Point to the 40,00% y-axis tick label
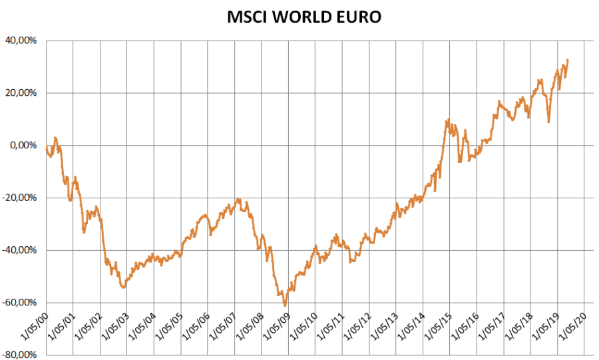point(23,41)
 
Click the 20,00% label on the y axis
point(23,93)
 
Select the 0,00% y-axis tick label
point(25,145)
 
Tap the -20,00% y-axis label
point(21,198)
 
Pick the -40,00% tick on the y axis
point(21,250)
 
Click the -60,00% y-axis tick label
point(21,303)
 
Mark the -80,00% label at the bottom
point(21,355)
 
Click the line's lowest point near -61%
point(285,305)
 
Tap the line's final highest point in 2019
point(568,60)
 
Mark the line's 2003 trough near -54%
point(123,287)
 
